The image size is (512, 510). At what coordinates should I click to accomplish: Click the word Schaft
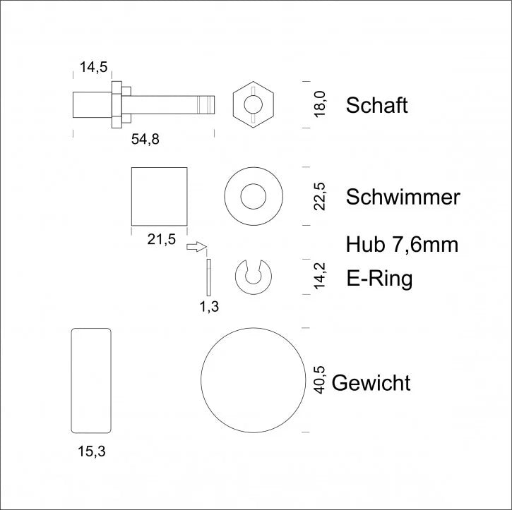[x=377, y=105]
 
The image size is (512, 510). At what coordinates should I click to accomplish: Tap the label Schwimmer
[x=403, y=197]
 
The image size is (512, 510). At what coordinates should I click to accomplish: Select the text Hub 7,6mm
[x=402, y=245]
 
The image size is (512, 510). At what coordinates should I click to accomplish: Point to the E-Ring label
[x=379, y=279]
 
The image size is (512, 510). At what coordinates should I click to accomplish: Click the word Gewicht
[x=371, y=382]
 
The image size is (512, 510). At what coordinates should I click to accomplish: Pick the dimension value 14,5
[x=93, y=67]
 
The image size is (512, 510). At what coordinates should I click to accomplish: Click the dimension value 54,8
[x=145, y=140]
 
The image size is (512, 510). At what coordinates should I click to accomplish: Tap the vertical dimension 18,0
[x=320, y=104]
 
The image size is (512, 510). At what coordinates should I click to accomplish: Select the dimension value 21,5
[x=161, y=239]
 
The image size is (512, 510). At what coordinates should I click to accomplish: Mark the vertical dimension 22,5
[x=320, y=196]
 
